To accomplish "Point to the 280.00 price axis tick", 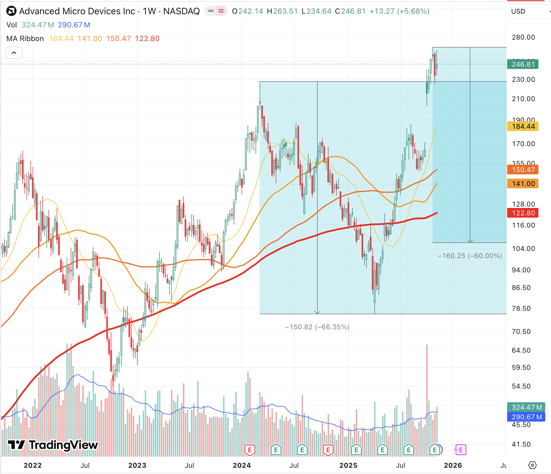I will (523, 37).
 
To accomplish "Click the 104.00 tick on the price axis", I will (523, 249).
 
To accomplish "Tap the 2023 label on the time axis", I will (137, 465).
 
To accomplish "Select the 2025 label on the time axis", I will (348, 465).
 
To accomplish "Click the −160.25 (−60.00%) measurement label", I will (470, 256).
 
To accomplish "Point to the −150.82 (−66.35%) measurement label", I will (317, 327).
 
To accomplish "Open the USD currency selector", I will (529, 11).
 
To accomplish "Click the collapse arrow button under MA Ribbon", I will (14, 53).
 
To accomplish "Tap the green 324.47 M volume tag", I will (526, 407).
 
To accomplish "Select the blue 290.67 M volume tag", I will (526, 417).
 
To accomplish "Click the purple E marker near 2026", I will (460, 450).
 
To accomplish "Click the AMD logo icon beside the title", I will (11, 11).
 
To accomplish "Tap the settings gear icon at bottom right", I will (532, 465).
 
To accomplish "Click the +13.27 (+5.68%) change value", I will (399, 11).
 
